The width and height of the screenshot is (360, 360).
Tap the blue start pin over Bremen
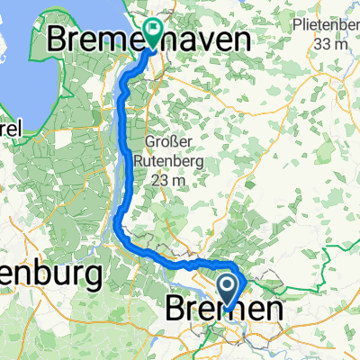click(x=229, y=292)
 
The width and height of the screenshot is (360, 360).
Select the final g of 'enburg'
click(x=86, y=276)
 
